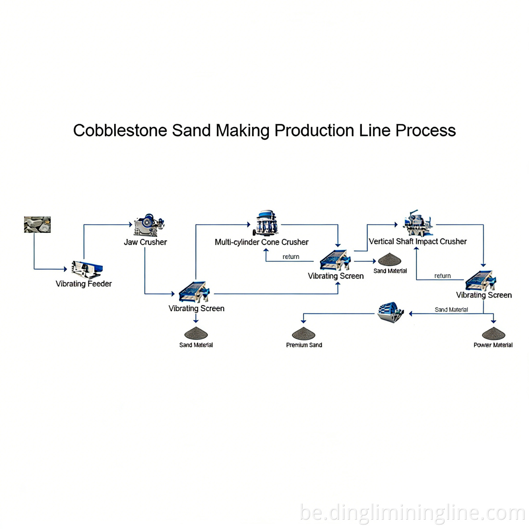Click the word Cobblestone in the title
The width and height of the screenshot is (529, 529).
(x=120, y=130)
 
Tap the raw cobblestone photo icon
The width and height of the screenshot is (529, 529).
(x=37, y=224)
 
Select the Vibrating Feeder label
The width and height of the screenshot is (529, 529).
(x=84, y=284)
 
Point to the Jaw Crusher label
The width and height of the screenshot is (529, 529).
(x=145, y=242)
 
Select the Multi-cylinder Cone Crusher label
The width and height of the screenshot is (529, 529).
(x=261, y=242)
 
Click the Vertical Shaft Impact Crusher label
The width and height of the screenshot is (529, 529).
(x=417, y=242)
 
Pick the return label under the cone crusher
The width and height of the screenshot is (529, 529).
(x=291, y=257)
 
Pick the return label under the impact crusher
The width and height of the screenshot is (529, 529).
(x=443, y=276)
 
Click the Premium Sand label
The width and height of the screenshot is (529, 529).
(x=304, y=345)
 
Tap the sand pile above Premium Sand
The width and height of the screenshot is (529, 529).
(x=304, y=333)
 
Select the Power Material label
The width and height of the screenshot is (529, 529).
(x=493, y=345)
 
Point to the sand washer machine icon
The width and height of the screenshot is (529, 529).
(x=391, y=312)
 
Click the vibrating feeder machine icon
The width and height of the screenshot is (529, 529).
(x=87, y=268)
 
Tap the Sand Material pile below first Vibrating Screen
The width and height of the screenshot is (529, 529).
(x=196, y=333)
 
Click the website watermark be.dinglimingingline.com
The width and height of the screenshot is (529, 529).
(x=412, y=513)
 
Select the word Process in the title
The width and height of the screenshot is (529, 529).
(x=425, y=130)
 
